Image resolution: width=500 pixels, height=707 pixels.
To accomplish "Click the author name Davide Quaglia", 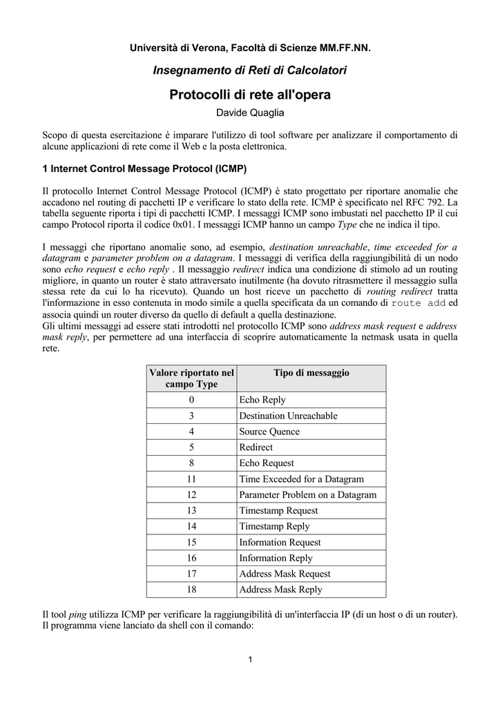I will [250, 112].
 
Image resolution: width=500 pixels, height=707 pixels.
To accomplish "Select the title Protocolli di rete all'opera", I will [250, 95].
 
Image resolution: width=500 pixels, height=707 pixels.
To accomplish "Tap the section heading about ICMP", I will [144, 168].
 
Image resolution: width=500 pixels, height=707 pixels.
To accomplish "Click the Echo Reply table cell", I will [262, 400].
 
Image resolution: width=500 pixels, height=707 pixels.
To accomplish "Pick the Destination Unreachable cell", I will [288, 416].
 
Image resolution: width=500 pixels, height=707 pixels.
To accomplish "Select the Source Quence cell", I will [269, 432].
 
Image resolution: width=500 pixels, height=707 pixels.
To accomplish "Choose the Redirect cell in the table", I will [256, 447].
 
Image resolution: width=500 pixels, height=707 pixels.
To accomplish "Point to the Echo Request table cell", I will [267, 463].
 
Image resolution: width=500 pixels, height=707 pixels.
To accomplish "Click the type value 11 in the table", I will [191, 479].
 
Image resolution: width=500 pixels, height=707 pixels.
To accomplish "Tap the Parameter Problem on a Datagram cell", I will [307, 495].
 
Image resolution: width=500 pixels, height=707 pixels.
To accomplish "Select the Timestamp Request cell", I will [278, 511].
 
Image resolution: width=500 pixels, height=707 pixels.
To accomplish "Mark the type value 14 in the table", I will [191, 527].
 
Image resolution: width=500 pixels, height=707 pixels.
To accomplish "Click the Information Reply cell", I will [276, 558].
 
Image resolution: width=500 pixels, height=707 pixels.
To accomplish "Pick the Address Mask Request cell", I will [285, 574].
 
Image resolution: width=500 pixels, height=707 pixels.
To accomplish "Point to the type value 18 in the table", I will [191, 590].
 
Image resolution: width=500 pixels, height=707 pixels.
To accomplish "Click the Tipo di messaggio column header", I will [311, 373].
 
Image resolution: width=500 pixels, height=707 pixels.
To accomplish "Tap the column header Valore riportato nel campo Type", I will [191, 378].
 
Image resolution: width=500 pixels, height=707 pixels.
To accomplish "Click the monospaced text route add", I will [419, 303].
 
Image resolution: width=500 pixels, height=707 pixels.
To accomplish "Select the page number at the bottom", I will [250, 658].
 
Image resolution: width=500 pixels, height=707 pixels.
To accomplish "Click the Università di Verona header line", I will [250, 48].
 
